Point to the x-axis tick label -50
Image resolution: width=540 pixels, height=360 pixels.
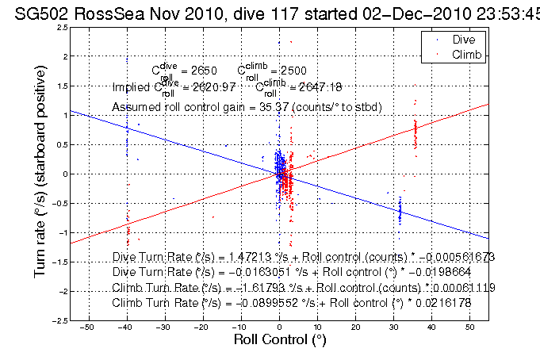pos(88,327)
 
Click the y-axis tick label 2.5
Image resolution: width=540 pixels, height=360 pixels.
pos(60,28)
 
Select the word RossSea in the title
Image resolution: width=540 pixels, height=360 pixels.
pos(91,10)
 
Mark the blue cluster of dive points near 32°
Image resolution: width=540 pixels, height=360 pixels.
pos(400,211)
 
